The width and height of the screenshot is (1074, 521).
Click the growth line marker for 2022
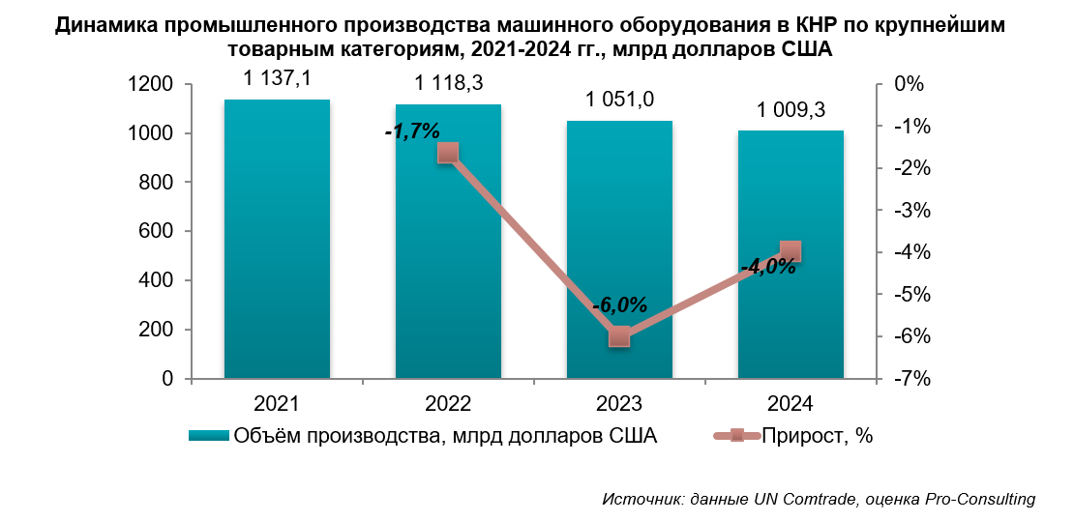point(447,153)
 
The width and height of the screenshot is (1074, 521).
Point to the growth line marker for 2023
point(619,336)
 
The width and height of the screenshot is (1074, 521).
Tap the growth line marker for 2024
point(791,251)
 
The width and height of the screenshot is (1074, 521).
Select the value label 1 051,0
point(619,99)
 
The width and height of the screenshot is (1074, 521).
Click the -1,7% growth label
point(411,130)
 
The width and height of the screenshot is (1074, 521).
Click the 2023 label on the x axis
point(619,403)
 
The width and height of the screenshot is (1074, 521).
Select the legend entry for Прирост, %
point(817,436)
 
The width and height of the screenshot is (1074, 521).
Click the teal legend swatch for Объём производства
point(208,436)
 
